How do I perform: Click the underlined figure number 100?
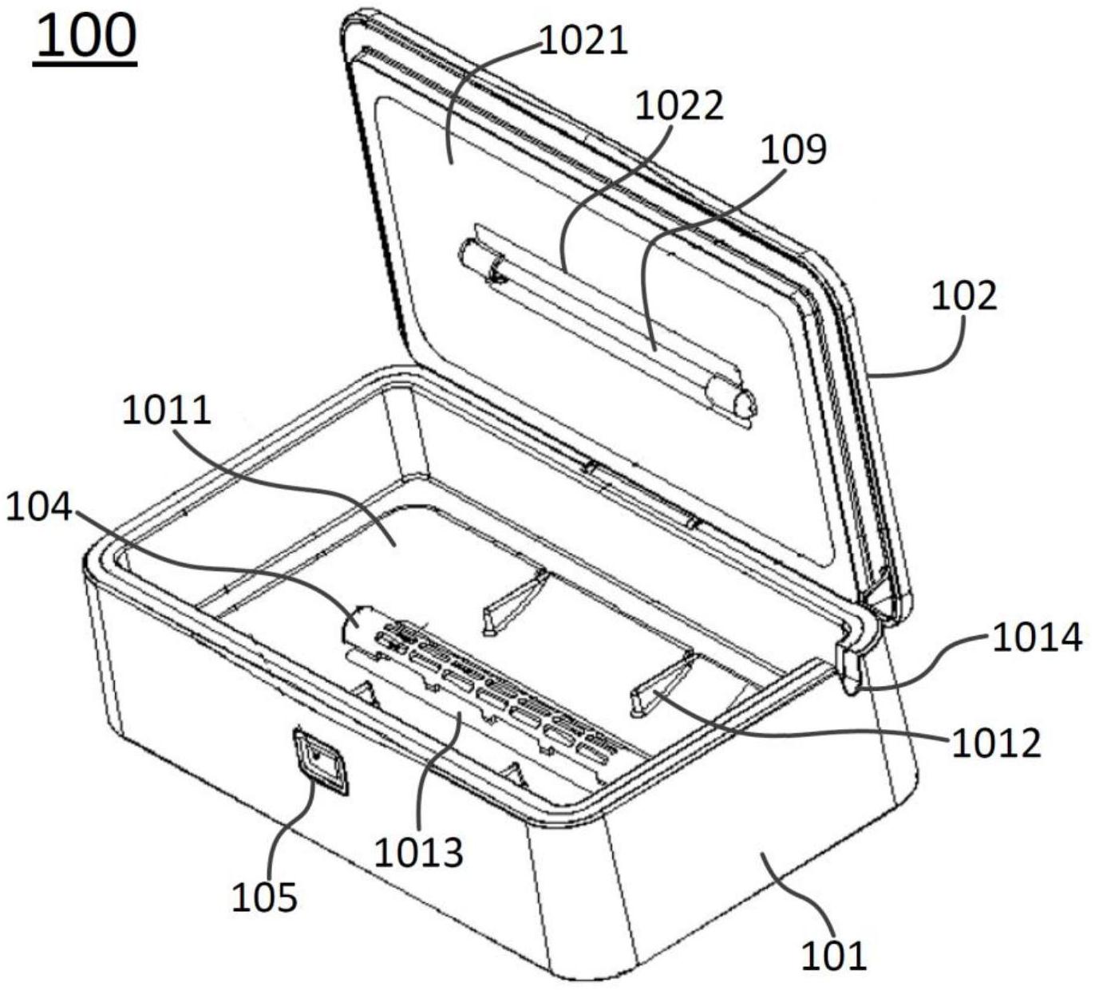click(85, 38)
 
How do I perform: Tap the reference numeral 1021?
click(583, 41)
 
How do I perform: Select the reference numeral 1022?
click(680, 106)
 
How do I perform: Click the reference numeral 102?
click(964, 297)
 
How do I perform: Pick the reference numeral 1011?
click(167, 410)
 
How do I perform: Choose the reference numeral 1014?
click(1037, 637)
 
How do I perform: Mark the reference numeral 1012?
click(997, 743)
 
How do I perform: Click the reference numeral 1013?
click(419, 853)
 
